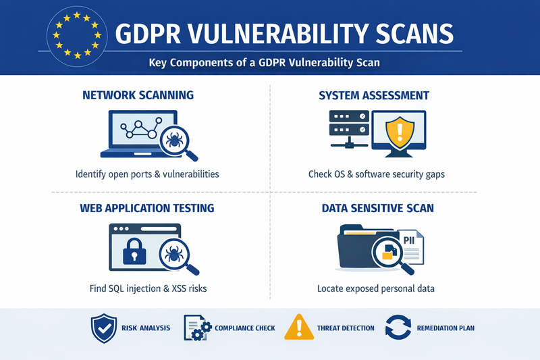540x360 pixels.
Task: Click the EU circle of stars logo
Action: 77,34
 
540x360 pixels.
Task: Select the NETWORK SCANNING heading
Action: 138,95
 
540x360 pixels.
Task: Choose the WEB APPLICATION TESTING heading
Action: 147,208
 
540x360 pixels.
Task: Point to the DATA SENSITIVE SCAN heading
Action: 377,208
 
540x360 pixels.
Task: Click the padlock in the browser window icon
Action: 134,253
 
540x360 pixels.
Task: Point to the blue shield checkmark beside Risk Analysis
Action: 103,328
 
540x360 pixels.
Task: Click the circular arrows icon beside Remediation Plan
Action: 398,328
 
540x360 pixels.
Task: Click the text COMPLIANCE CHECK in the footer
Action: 244,328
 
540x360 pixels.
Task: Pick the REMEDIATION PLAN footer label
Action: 445,328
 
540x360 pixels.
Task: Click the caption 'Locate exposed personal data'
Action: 376,288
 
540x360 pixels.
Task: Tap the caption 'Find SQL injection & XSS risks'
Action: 148,288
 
